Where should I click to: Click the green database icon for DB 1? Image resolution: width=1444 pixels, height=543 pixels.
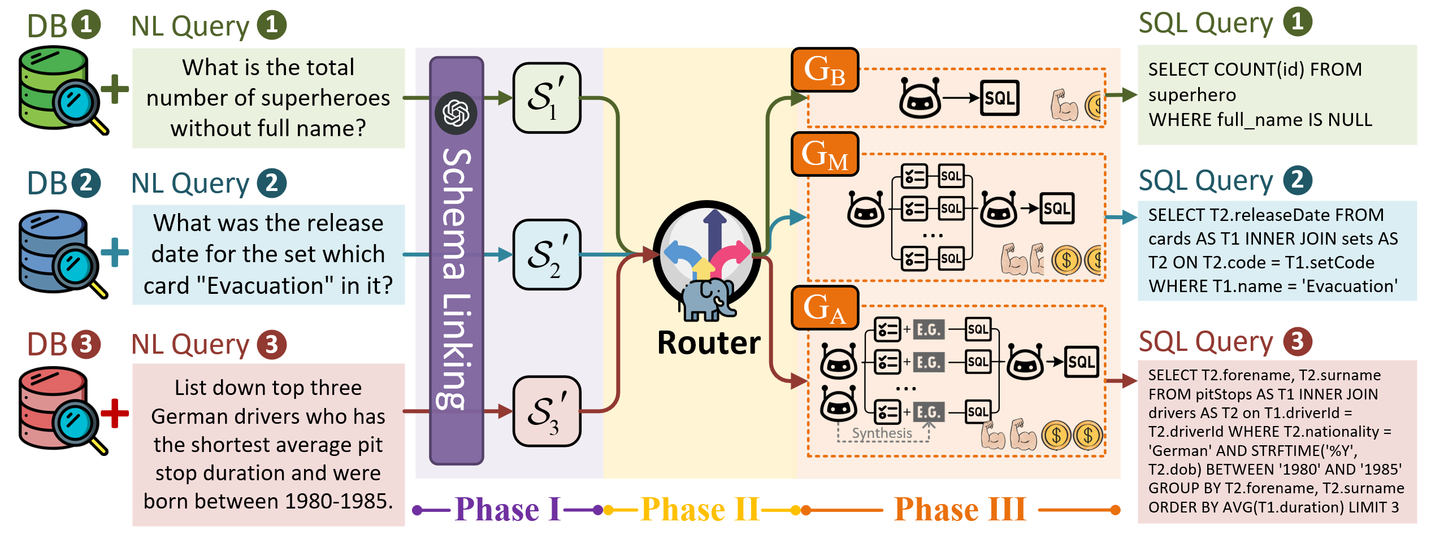[54, 88]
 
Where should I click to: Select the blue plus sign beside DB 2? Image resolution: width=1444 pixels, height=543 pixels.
[115, 252]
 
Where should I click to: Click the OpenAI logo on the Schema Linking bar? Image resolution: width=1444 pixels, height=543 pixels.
[456, 112]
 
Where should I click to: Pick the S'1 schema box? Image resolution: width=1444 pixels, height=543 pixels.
[547, 98]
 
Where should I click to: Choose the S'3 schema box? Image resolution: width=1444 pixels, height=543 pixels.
[547, 411]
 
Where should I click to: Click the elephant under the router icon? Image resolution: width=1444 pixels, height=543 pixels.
[706, 299]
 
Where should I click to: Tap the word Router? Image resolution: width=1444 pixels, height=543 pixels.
[709, 343]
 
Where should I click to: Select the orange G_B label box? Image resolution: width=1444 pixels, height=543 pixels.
[825, 70]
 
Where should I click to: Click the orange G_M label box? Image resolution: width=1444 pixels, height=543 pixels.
[825, 154]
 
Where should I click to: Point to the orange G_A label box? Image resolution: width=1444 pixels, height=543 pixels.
[825, 308]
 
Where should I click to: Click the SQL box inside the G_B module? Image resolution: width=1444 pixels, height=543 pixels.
[999, 98]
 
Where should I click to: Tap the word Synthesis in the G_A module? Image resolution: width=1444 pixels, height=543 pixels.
[882, 433]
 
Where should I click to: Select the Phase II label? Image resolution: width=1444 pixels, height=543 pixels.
[700, 510]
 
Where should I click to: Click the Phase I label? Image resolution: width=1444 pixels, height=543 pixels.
[507, 510]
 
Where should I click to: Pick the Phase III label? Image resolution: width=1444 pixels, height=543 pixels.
[960, 510]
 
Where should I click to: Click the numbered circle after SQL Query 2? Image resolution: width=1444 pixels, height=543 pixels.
[1297, 180]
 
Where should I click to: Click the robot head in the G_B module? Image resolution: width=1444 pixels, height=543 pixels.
[920, 98]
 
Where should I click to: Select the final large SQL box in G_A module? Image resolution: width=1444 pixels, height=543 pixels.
[1081, 362]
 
